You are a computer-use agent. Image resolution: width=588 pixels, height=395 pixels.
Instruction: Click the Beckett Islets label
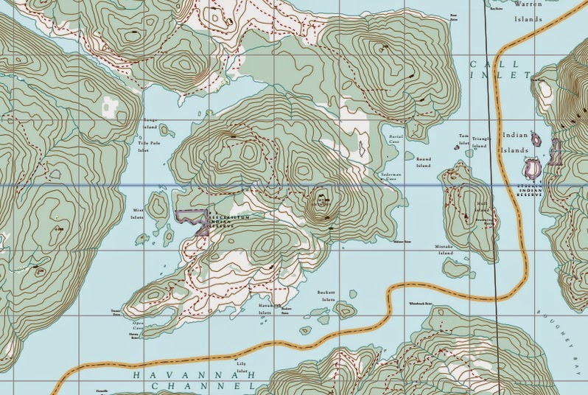tap(326, 296)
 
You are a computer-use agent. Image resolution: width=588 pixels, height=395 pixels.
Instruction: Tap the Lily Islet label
tap(240, 357)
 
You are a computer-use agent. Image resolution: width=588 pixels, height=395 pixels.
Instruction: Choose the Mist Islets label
tap(137, 214)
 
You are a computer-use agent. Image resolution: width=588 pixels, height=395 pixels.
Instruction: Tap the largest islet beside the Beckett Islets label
tap(343, 308)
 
